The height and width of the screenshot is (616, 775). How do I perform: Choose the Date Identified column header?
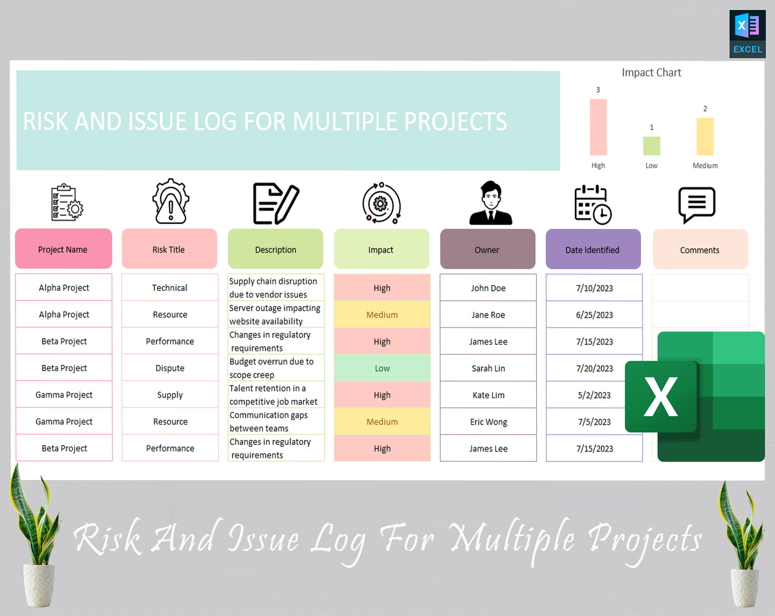(593, 250)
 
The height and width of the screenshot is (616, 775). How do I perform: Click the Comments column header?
(700, 250)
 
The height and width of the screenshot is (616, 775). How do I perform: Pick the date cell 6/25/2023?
(594, 315)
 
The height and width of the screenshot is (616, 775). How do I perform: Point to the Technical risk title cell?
(170, 288)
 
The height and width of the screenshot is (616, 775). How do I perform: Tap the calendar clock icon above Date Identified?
(592, 204)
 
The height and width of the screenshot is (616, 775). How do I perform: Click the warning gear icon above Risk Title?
(171, 202)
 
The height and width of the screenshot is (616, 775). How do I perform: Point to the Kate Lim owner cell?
(488, 395)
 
